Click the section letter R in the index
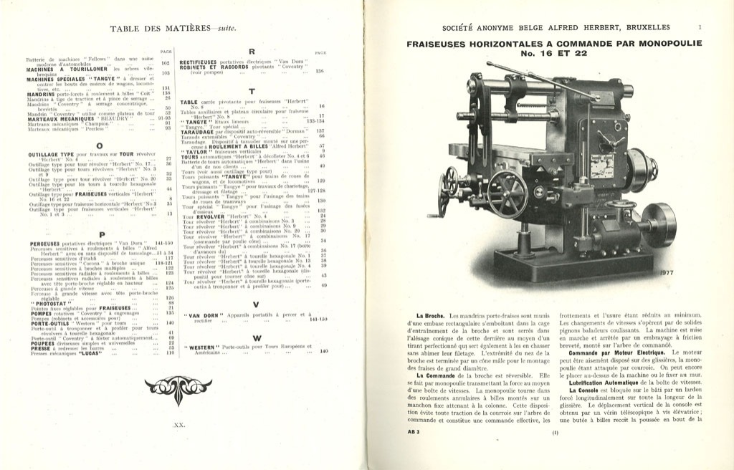[252, 52]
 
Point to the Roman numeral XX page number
[179, 425]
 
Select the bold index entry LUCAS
[72, 353]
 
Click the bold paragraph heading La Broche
[432, 317]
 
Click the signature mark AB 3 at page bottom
[414, 433]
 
